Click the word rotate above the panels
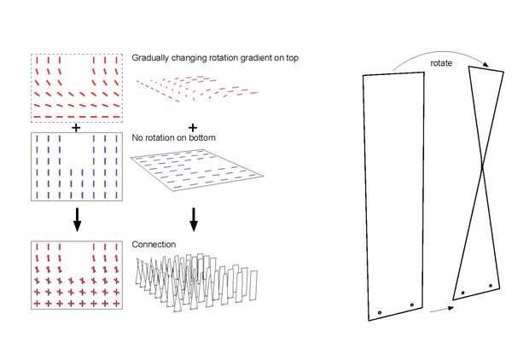(440, 62)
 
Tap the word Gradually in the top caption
(150, 58)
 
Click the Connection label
(154, 245)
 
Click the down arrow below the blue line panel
(77, 220)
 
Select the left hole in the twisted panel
(462, 293)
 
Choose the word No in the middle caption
(137, 133)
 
